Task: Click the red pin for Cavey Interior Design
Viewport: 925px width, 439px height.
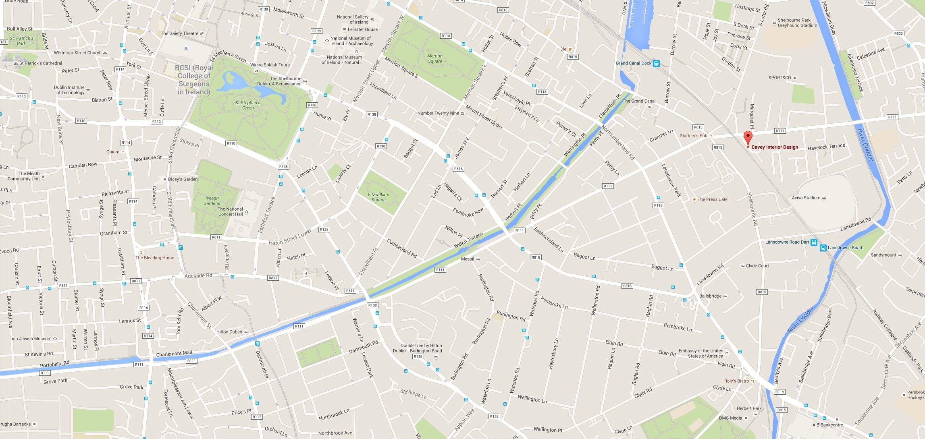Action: point(748,138)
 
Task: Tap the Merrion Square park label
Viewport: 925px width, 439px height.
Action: point(434,59)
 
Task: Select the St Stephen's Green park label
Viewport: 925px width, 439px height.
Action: point(248,105)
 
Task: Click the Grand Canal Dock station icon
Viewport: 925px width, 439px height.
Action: point(656,63)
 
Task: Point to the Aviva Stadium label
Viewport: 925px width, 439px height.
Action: point(806,198)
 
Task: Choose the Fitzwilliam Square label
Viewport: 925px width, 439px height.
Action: point(378,197)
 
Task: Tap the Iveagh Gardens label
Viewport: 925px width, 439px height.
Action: point(212,201)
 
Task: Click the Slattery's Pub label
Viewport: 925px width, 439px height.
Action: point(693,136)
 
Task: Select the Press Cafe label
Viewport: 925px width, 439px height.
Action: point(712,199)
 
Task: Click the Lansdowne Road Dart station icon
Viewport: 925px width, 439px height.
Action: point(814,242)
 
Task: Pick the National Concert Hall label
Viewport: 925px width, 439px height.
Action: point(230,211)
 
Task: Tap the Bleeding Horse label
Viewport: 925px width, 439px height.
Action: point(155,258)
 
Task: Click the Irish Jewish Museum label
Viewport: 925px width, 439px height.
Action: point(31,339)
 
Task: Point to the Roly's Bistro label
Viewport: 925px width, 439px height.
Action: point(736,381)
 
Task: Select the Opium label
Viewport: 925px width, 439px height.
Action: point(113,152)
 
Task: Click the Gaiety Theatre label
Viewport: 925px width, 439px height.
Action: point(179,33)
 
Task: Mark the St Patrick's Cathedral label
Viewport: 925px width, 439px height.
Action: point(41,63)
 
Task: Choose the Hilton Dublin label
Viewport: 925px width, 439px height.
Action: point(229,332)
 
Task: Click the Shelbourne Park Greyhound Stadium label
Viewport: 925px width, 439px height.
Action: point(797,23)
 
